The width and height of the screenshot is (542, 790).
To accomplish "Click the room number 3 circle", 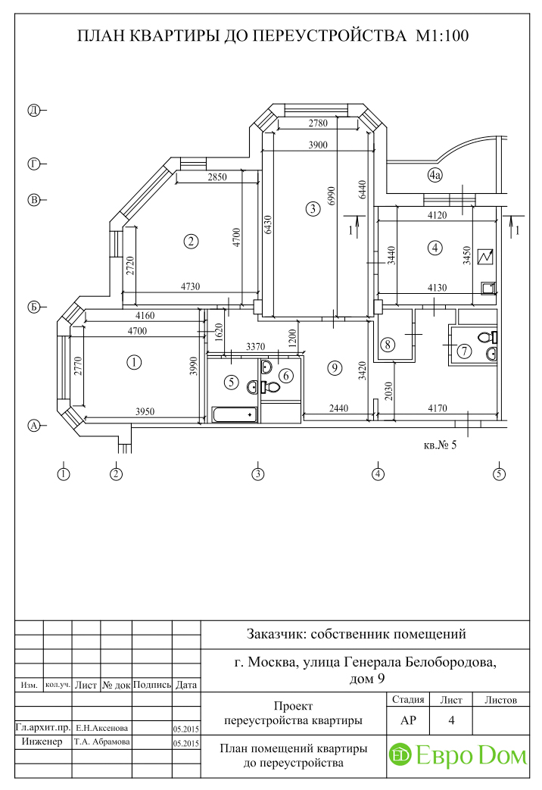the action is tap(313, 208).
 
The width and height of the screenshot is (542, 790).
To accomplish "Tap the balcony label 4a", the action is tap(435, 175).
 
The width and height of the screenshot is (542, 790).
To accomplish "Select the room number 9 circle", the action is tap(335, 368).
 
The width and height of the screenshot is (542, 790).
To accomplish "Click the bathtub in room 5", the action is tap(234, 414).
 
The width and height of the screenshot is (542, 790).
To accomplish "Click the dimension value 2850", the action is tap(217, 176).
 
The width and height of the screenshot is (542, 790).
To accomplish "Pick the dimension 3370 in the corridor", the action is tap(255, 347).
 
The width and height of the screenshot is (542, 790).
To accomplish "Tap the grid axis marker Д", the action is tap(34, 111).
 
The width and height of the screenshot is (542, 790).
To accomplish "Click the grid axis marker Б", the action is tap(34, 308).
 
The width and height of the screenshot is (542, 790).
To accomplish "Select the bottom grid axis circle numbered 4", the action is tap(378, 473).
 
